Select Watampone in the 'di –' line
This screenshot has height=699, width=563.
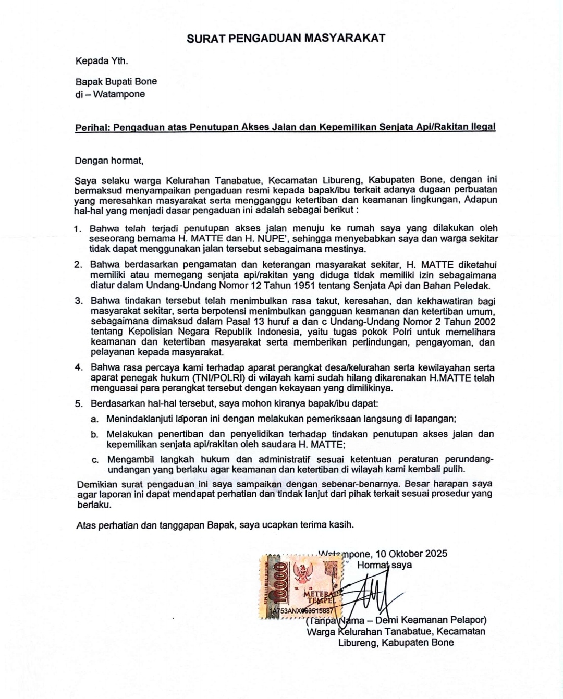tap(119, 94)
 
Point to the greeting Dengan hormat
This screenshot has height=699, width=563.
tap(108, 161)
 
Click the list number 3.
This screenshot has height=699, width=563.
tap(79, 301)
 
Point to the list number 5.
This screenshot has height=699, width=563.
tap(79, 403)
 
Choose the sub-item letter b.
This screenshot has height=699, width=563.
tap(94, 434)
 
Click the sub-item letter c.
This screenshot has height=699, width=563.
tap(95, 460)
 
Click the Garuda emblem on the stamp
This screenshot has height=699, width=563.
tap(301, 576)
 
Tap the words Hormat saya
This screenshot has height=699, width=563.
tap(384, 565)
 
